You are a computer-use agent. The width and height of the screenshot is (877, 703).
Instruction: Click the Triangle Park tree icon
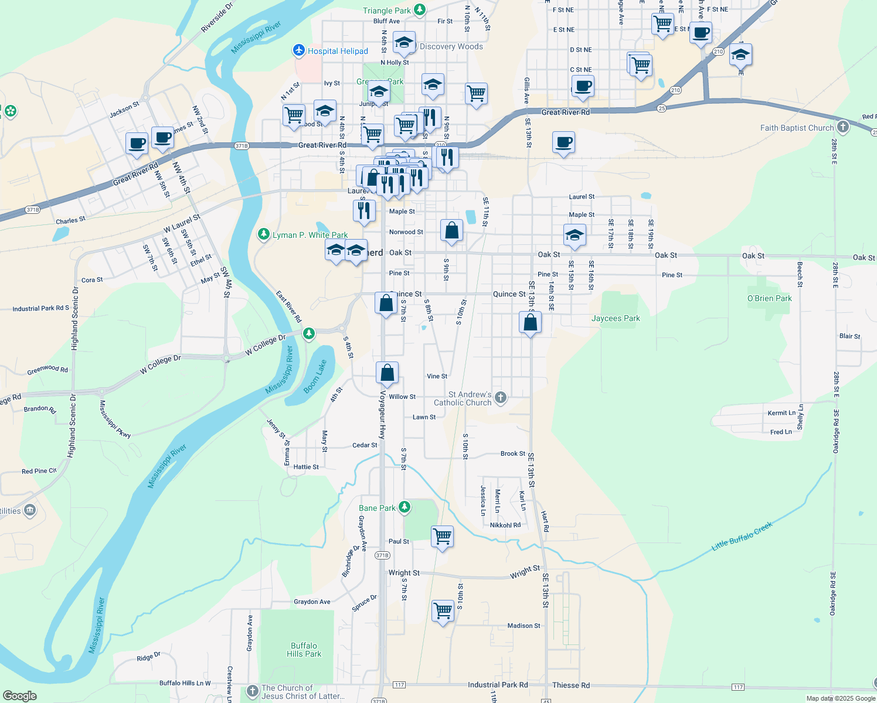pos(419,9)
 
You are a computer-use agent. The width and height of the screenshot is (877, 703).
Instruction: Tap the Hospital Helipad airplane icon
pos(299,51)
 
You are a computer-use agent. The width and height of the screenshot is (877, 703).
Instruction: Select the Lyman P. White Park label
pos(310,235)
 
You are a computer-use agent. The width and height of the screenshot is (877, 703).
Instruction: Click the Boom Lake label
pos(315,376)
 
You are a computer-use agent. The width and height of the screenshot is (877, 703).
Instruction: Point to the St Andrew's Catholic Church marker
pos(500,398)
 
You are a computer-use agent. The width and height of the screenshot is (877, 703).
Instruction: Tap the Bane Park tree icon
pos(404,507)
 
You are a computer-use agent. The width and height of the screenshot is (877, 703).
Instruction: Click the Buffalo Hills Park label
pos(304,650)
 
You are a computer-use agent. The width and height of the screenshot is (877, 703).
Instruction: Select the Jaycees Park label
pos(616,318)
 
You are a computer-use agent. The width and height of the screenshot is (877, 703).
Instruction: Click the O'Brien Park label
pos(769,298)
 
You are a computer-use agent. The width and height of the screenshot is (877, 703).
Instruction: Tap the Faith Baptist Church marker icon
pos(842,127)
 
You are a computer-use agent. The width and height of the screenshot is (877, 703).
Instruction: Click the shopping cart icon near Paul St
pos(442,536)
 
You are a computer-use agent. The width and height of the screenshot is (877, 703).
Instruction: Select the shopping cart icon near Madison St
pos(443,610)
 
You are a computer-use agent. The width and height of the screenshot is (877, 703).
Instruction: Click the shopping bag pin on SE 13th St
pos(530,322)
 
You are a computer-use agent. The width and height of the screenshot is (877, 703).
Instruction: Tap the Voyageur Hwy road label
pos(383,415)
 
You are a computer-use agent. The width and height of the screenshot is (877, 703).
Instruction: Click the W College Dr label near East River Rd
pos(265,345)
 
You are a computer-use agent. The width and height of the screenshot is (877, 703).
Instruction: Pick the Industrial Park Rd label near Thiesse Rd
pos(497,684)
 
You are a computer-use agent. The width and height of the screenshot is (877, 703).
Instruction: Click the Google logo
pos(20,695)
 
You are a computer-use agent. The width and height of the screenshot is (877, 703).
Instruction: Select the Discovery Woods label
pos(451,47)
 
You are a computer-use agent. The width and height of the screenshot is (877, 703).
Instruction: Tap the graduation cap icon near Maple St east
pos(574,236)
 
